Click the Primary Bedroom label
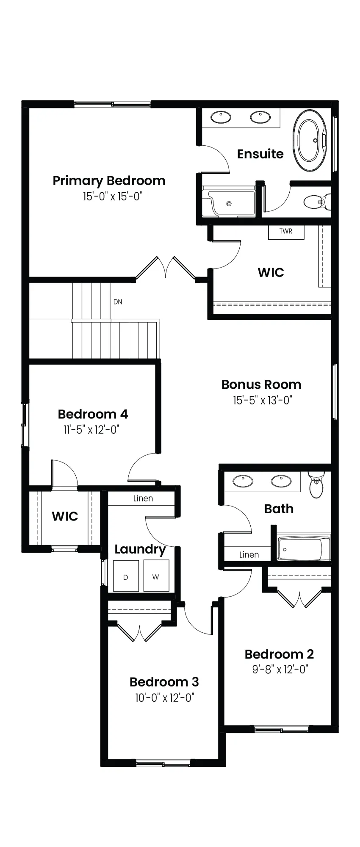109,181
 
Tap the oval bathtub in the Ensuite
310,141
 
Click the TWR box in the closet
286,232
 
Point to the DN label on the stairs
118,302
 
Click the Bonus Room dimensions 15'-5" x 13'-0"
263,400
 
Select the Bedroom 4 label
93,414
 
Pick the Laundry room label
140,549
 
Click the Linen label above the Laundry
143,498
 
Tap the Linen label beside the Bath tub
249,554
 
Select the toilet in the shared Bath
316,484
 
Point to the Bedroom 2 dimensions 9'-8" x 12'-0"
280,669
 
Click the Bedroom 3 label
164,682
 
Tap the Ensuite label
260,154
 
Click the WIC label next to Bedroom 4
65,516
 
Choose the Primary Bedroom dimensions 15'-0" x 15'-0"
112,197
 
